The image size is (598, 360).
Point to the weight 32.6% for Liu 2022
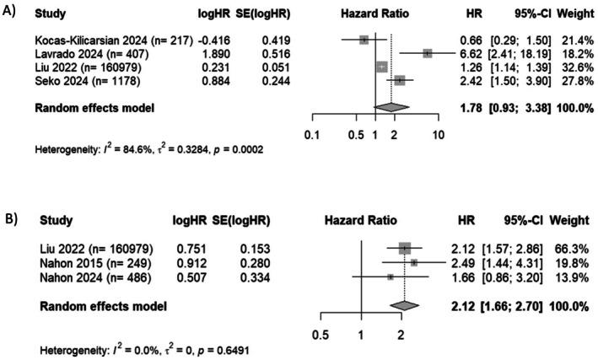point(571,66)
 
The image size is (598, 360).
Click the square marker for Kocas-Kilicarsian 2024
point(364,39)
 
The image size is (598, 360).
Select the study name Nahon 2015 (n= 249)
point(86,262)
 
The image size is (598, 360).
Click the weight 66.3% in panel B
point(571,249)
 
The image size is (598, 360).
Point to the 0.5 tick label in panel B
point(321,335)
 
